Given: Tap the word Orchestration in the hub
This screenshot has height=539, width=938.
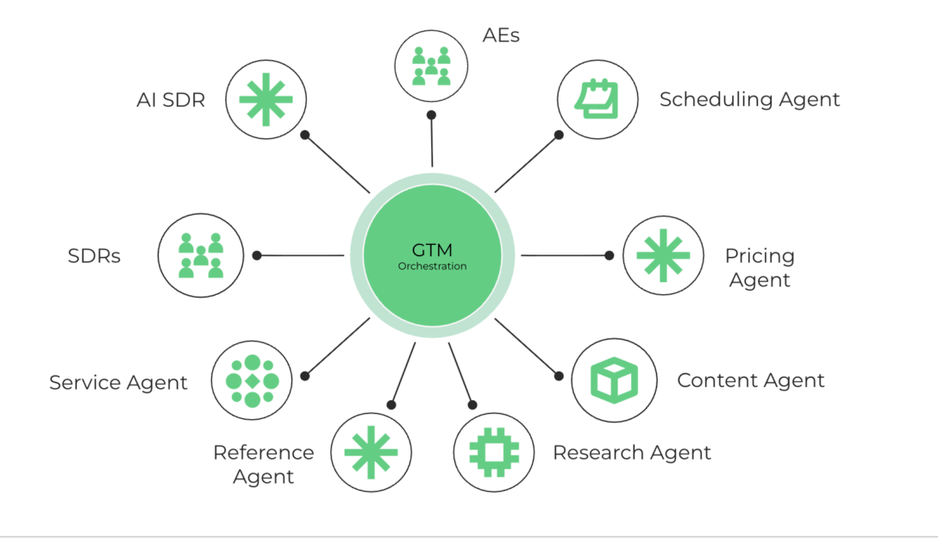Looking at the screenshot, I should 432,266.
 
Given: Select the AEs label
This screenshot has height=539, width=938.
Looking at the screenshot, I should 501,35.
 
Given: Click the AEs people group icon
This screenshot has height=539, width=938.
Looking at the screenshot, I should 431,66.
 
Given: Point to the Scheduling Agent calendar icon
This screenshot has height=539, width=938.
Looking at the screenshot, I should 597,99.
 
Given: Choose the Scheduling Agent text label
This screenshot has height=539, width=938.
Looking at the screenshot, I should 749,99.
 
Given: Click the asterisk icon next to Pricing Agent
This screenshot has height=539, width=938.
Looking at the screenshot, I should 662,255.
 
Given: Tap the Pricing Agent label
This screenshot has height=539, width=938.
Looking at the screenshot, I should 760,267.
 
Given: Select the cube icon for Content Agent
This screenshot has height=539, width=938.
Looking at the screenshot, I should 613,379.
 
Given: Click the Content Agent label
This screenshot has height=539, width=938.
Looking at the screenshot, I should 750,380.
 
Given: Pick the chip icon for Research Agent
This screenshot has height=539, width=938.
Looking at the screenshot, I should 494,452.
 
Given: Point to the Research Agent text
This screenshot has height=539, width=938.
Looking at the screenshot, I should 631,452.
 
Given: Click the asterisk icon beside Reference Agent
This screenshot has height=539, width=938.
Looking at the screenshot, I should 371,452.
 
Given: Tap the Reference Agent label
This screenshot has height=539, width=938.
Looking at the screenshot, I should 263,464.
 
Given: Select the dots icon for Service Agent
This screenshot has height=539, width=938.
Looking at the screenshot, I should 252,380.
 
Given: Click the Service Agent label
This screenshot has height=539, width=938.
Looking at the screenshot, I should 118,382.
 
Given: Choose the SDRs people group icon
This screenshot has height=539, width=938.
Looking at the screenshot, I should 200,255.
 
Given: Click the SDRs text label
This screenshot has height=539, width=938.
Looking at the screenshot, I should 94,256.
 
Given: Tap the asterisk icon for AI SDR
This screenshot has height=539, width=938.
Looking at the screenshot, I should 266,99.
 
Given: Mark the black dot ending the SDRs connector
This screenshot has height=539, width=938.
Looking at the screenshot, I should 256,255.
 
